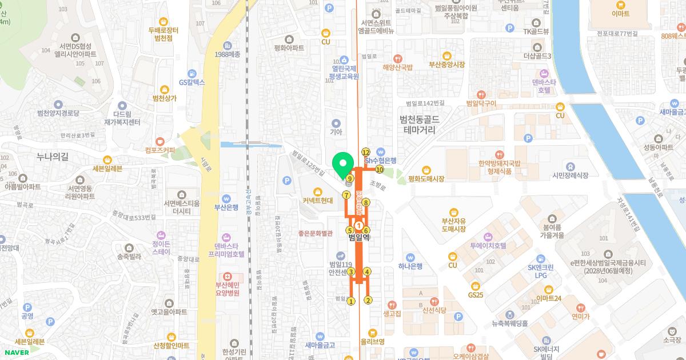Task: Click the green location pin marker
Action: (x=343, y=164)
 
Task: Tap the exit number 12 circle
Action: (x=366, y=151)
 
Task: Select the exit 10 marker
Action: (x=379, y=170)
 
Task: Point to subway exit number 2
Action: (x=368, y=300)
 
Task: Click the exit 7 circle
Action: (x=346, y=195)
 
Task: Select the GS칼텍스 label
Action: (x=192, y=82)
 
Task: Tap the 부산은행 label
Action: (x=226, y=207)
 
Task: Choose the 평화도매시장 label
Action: (x=426, y=179)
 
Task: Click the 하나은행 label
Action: (x=410, y=266)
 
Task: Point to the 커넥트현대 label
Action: (x=318, y=201)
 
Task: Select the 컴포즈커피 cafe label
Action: (x=160, y=150)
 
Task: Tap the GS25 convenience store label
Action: (x=476, y=295)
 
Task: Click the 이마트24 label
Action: (x=549, y=298)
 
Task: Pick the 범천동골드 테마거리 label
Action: (x=419, y=125)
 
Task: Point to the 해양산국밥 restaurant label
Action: (x=397, y=67)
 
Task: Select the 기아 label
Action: (x=336, y=132)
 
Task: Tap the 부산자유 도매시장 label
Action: (x=454, y=224)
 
